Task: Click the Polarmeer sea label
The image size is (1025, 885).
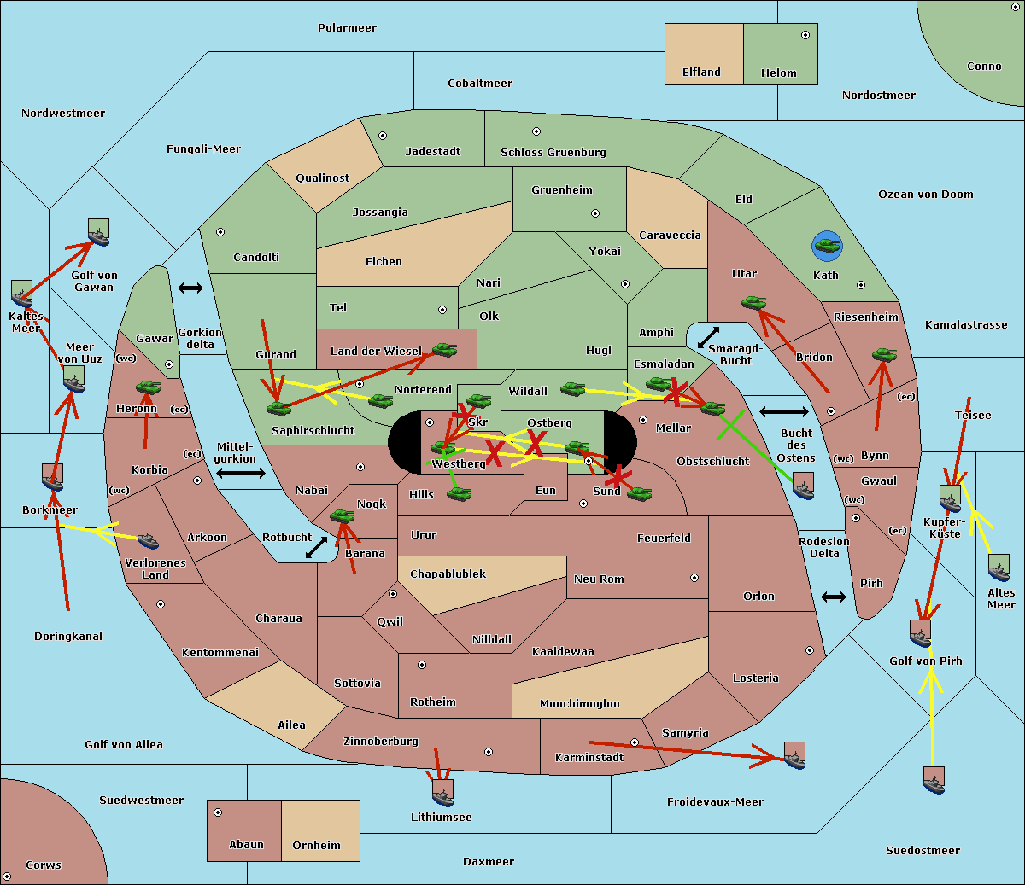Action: pos(347,28)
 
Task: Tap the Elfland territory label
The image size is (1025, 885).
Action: pos(701,73)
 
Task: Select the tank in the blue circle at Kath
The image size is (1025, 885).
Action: pos(827,247)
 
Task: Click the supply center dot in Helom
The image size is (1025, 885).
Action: pos(805,35)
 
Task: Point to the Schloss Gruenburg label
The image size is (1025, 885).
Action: pos(553,153)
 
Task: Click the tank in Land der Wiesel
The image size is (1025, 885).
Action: pos(444,349)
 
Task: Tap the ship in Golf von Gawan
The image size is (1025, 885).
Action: pos(98,232)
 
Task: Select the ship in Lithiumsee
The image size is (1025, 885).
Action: pos(442,793)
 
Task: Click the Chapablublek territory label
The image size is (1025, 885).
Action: pos(448,574)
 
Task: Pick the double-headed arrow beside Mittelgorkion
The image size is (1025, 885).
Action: pos(240,473)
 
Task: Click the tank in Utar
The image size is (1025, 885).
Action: pos(753,302)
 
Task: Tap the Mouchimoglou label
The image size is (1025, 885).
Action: pos(579,704)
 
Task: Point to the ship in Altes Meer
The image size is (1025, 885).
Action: pos(999,568)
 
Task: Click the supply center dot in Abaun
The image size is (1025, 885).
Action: pos(218,812)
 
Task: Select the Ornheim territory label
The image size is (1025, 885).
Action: pos(316,846)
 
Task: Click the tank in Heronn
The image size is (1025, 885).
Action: pos(149,387)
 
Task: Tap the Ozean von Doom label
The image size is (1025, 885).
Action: pos(925,195)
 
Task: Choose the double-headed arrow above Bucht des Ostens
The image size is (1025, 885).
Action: pos(783,412)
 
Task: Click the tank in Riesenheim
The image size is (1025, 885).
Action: pos(884,354)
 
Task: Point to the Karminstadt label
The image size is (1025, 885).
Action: pos(589,758)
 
